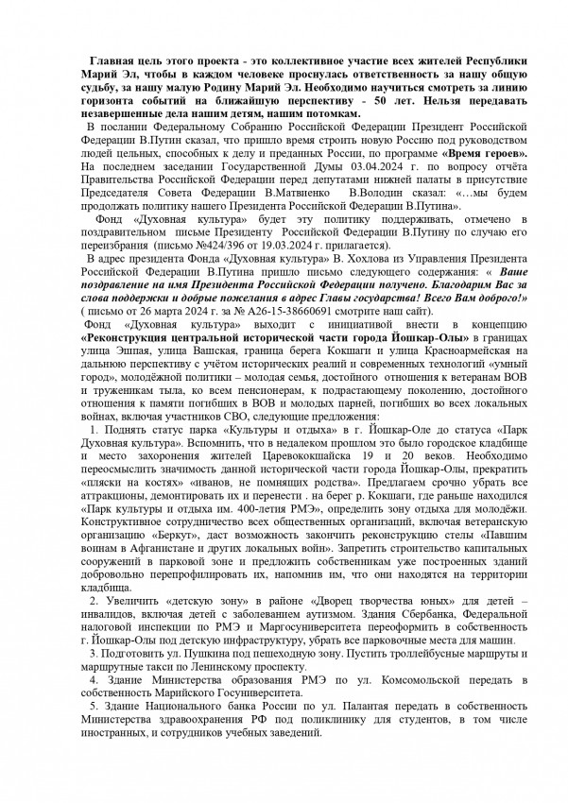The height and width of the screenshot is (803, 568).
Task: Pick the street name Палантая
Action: (x=289, y=747)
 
